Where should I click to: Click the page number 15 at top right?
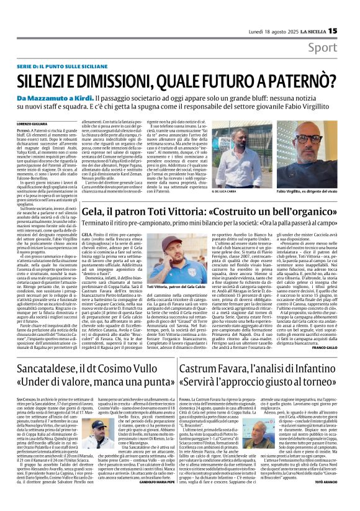tap(350, 12)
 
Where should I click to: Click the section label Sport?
tap(340, 29)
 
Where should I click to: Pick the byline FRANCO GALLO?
tap(341, 348)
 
